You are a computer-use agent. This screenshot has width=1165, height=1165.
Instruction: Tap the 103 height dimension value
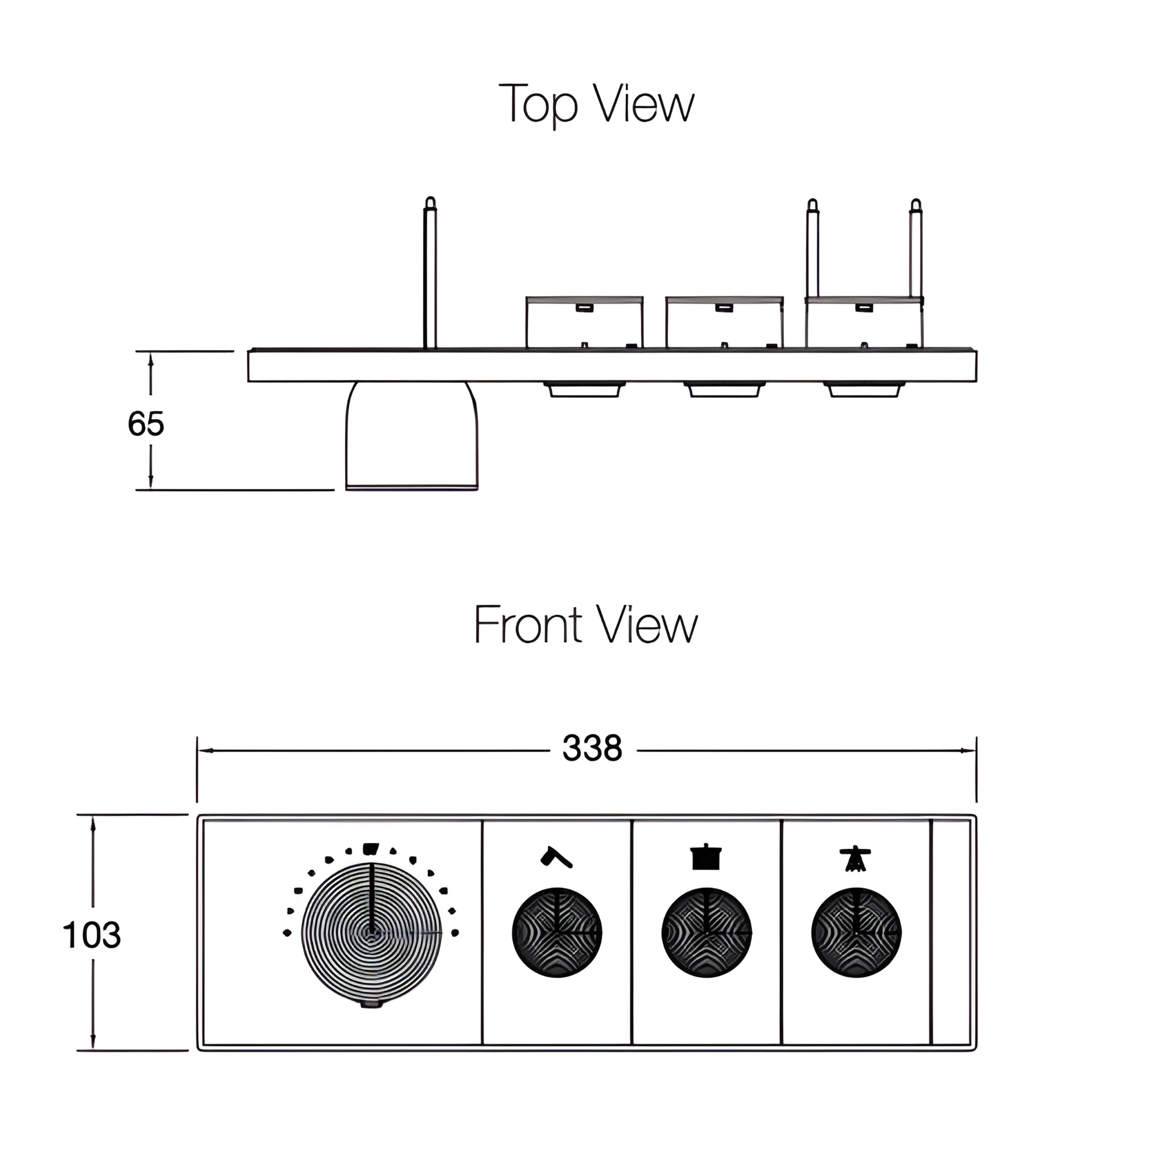coord(92,935)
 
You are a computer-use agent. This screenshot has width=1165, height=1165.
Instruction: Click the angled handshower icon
coord(556,857)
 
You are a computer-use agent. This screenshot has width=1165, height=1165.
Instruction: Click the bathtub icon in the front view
coord(706,857)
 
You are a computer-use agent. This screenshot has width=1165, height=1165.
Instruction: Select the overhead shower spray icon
coord(856,858)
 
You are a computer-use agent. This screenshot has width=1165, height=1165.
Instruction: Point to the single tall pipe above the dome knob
coord(430,274)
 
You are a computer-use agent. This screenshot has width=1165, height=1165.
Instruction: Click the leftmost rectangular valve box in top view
coord(584,323)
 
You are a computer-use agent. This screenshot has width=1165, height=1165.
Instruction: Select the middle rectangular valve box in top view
coord(724,323)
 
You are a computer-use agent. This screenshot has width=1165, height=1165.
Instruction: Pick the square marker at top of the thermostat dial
coord(371,848)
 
